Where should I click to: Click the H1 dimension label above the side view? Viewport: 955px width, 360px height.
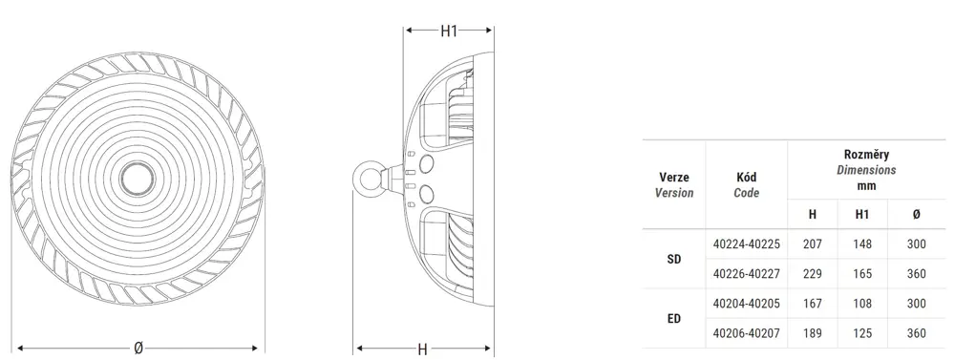click(x=449, y=31)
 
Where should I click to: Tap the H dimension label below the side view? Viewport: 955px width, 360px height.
click(x=422, y=349)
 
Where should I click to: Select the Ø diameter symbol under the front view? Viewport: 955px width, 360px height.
click(x=138, y=349)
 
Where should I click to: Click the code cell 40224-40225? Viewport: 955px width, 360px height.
click(x=746, y=244)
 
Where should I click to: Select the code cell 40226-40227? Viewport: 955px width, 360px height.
click(x=746, y=274)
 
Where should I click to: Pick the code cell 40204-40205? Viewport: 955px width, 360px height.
click(x=746, y=304)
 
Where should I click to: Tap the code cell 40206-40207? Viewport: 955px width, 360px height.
click(x=746, y=333)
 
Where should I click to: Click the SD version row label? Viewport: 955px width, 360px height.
click(x=674, y=259)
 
